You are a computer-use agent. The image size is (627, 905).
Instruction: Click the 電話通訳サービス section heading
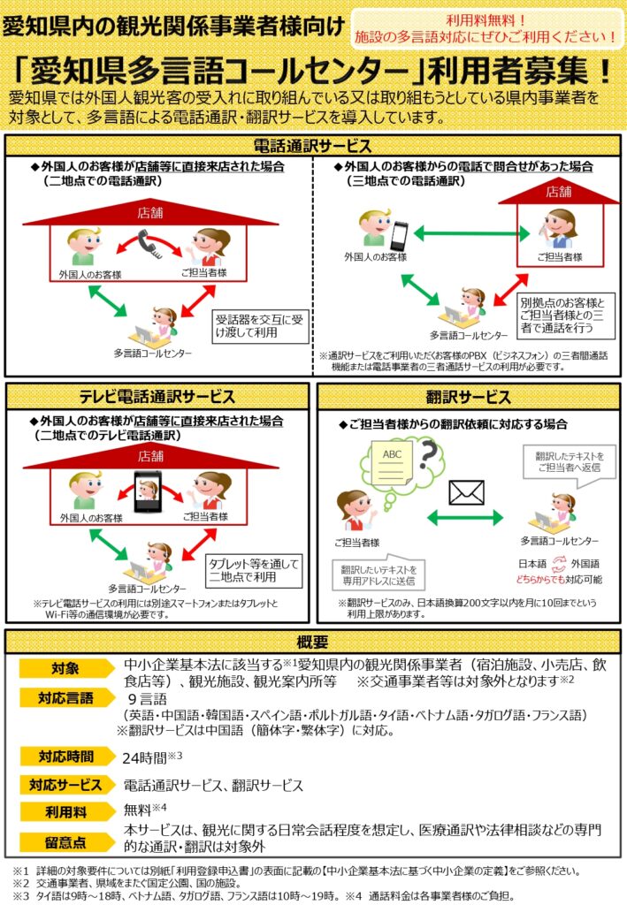point(312,146)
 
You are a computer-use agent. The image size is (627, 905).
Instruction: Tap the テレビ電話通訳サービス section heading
point(157,397)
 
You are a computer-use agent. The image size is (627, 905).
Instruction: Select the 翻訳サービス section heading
point(468,397)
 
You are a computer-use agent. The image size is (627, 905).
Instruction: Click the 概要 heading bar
point(313,642)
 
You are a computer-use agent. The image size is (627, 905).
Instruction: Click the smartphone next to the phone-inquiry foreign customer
point(401,233)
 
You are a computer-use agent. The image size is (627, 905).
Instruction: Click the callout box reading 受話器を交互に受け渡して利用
point(261,326)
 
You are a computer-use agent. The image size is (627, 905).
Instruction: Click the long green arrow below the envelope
point(465,518)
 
